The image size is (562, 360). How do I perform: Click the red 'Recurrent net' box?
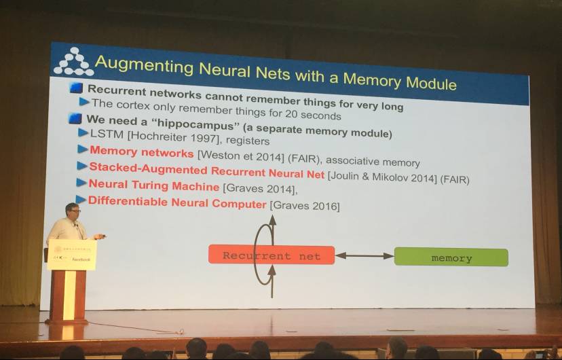coord(271,255)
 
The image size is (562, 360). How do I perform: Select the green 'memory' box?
coord(451,257)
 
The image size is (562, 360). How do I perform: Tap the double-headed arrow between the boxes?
coord(364,255)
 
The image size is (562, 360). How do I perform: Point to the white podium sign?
coord(72,255)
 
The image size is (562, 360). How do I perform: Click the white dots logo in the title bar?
coord(73,61)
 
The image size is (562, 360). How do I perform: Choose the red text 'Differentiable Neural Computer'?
coord(177,202)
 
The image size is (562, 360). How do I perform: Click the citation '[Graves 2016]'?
coord(305,205)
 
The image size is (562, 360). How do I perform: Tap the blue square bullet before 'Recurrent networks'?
coord(77,88)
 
